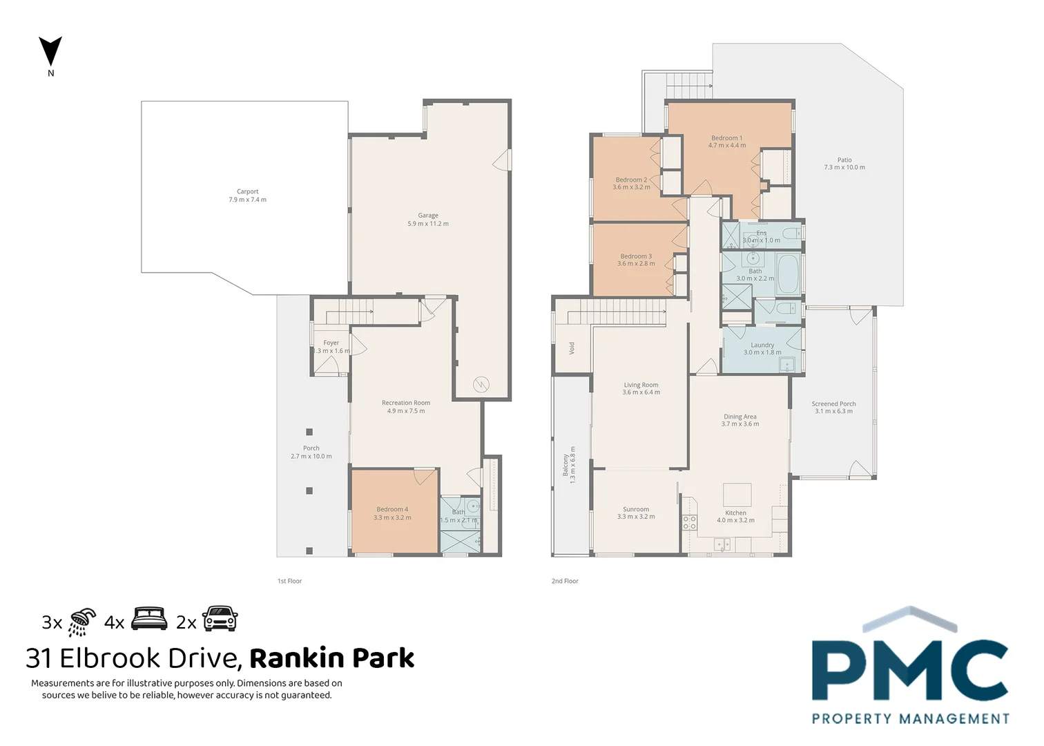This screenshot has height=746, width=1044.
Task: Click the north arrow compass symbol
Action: coord(50,52)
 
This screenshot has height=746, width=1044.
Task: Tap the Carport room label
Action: coord(247,195)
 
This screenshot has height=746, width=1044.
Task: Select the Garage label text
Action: coord(428,220)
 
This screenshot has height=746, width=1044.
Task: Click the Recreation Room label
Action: coord(406,407)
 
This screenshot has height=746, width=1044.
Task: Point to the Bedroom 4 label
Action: coord(392,513)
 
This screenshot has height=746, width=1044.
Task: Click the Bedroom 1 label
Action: coord(727,142)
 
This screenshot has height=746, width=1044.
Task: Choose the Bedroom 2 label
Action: coord(631,183)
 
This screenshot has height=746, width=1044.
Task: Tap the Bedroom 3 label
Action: coord(636,260)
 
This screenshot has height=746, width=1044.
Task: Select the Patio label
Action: coord(844,164)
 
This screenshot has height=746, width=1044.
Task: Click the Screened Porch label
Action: coord(833,408)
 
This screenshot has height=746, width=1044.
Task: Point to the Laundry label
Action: coord(762,349)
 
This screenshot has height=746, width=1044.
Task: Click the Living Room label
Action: coord(641,389)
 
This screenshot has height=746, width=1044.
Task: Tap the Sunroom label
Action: coord(636,513)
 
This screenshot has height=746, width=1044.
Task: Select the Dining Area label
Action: coord(740,420)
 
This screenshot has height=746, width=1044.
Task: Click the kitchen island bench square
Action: coord(737,495)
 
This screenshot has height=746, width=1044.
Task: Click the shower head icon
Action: coord(82,622)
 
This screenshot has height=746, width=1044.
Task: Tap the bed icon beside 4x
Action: coord(149,619)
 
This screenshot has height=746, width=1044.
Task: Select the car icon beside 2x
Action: coord(220,619)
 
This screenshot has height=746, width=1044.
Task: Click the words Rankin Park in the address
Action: coord(331,658)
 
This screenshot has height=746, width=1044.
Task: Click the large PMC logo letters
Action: coord(909,670)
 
